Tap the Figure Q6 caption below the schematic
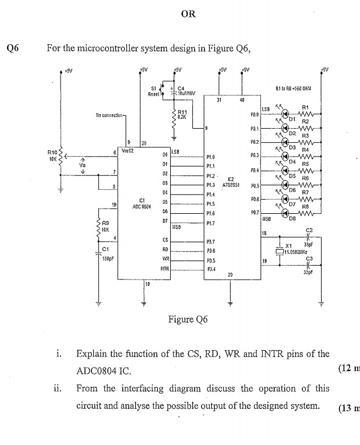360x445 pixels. [x=188, y=319]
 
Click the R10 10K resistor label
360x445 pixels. [x=52, y=156]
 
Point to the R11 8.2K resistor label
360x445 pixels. [x=182, y=114]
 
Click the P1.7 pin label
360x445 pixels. [x=211, y=223]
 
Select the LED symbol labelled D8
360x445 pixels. [x=285, y=214]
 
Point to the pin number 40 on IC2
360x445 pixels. [x=241, y=100]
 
